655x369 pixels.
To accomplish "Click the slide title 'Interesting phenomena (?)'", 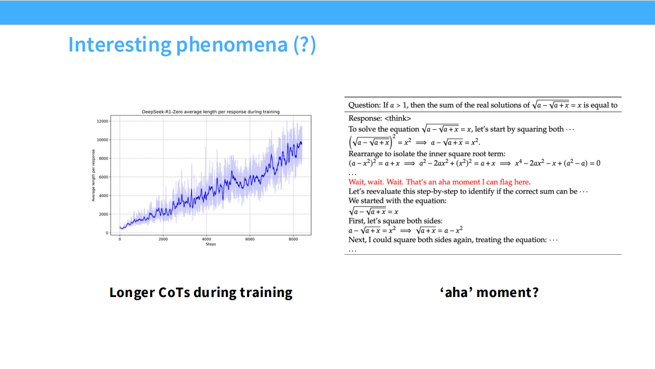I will (x=191, y=45).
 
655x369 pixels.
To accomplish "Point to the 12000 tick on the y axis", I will (x=103, y=121).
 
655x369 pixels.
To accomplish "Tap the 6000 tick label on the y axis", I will (x=104, y=177).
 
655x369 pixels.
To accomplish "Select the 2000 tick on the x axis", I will (x=163, y=239).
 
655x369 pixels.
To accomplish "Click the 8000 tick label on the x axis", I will (x=293, y=239).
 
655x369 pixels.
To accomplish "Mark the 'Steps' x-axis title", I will (x=211, y=244).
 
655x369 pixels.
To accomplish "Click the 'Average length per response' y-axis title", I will (x=93, y=175).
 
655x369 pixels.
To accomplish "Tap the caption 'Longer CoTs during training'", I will (x=201, y=292).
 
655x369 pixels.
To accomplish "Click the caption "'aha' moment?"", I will (x=489, y=292).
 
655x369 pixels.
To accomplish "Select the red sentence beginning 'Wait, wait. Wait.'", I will (x=439, y=182).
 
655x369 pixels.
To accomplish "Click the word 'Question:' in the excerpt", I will (x=364, y=105).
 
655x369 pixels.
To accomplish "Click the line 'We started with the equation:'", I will (x=398, y=200).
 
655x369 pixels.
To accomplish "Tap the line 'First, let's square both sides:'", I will (x=395, y=221).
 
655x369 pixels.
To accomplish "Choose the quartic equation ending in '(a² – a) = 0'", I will (x=557, y=163).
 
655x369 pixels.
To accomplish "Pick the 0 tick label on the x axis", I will (x=120, y=239).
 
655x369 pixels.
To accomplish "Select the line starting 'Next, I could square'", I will (x=453, y=240).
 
